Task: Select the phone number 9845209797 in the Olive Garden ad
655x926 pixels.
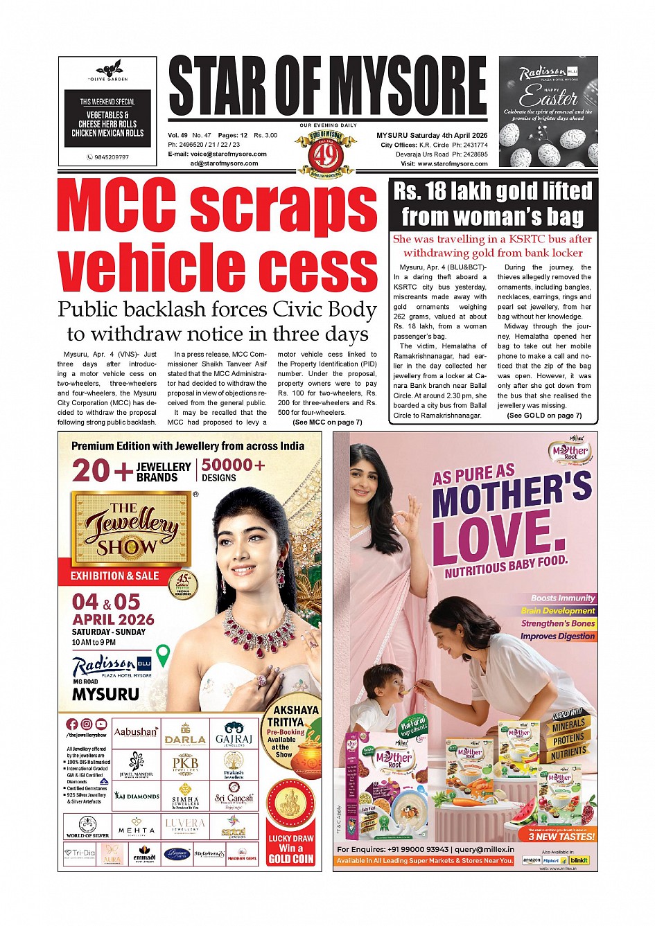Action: click(x=111, y=157)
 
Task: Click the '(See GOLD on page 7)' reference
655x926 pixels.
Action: click(x=544, y=416)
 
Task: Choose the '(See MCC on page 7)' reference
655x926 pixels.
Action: click(x=327, y=422)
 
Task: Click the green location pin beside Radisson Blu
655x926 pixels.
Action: click(x=163, y=655)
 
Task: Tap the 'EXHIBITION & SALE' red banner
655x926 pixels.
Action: click(x=114, y=576)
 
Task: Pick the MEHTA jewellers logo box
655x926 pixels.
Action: click(x=137, y=827)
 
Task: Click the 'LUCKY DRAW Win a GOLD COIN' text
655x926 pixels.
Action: click(x=291, y=848)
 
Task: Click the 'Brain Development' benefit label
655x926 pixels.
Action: click(x=558, y=611)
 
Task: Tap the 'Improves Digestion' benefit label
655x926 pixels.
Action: click(x=557, y=636)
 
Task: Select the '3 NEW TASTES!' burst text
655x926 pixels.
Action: click(x=561, y=836)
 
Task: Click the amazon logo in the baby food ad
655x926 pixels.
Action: click(x=531, y=860)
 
